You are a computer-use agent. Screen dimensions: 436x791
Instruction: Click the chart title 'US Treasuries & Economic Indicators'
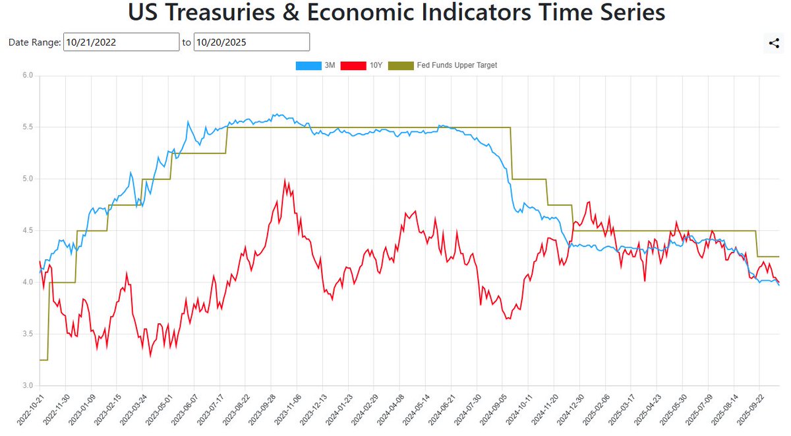point(395,13)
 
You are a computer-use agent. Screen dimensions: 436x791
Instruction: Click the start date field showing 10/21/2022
point(121,42)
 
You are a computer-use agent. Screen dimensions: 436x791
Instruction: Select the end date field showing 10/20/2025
point(251,42)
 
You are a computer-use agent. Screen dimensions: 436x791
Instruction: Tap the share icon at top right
point(774,44)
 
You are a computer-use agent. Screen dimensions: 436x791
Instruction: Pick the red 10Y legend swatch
point(353,65)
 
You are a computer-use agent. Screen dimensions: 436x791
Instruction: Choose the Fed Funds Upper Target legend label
point(457,65)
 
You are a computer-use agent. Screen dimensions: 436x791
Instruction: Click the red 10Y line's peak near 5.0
point(285,179)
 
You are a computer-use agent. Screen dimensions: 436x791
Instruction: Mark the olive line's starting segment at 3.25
point(44,359)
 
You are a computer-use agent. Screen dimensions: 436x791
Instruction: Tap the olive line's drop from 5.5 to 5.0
point(512,153)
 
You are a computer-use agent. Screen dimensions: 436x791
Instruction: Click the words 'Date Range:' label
point(34,42)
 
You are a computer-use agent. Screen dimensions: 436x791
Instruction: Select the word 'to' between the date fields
point(187,42)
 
